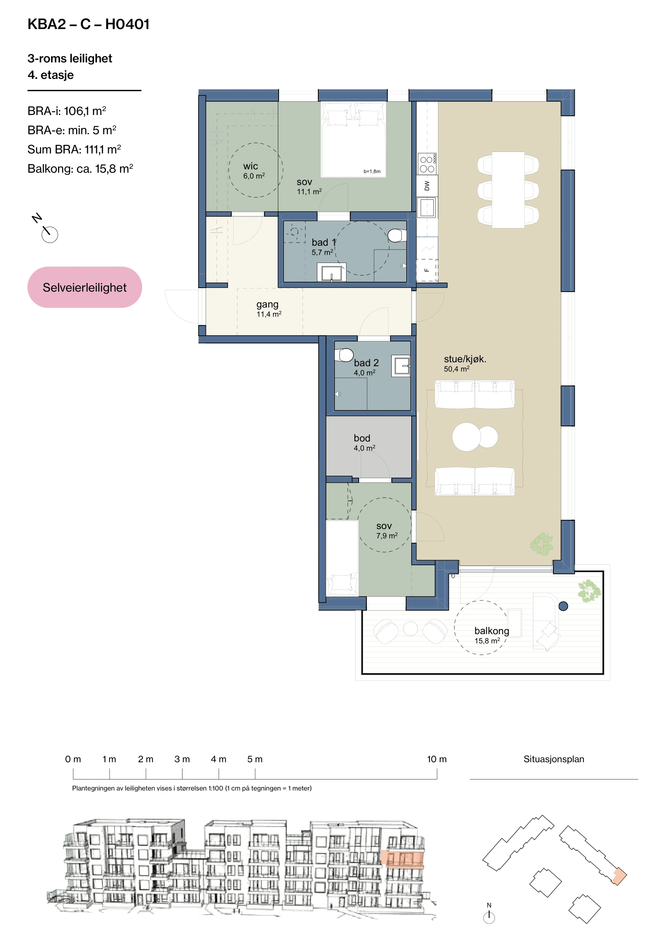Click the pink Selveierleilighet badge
tap(84, 287)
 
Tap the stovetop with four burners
tap(427, 164)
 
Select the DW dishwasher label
tap(427, 186)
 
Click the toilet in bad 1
tap(397, 235)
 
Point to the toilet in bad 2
tap(344, 355)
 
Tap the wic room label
tap(250, 166)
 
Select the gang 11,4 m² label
tap(269, 309)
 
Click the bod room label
tap(362, 438)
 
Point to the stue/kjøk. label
tap(465, 359)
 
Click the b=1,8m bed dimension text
tap(372, 172)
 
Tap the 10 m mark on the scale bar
tap(437, 774)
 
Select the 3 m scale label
tap(182, 759)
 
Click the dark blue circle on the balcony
tap(564, 606)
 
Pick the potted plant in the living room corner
tap(542, 544)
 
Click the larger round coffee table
tap(467, 437)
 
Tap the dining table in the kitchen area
tap(508, 190)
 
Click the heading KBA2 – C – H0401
tap(88, 24)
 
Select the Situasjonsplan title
tap(554, 759)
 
